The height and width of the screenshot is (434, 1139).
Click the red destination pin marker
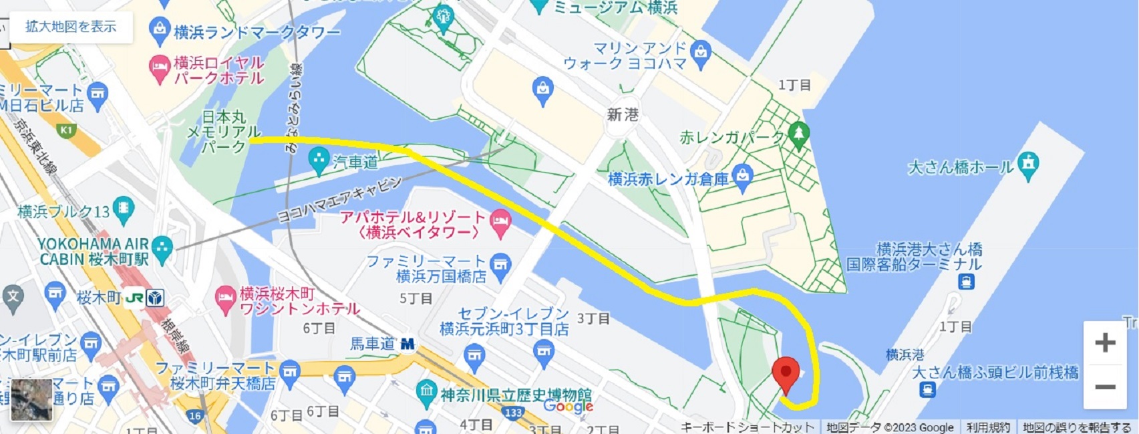(786, 372)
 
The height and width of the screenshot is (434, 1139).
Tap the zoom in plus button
(1105, 343)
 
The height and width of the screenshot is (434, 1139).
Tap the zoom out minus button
(1105, 387)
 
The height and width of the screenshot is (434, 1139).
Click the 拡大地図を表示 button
(71, 27)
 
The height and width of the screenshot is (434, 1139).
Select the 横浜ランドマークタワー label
(257, 31)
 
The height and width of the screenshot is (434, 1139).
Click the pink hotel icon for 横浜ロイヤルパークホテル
(159, 69)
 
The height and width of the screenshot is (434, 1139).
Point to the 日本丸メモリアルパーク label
(223, 132)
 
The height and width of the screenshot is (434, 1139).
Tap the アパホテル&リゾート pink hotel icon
(500, 225)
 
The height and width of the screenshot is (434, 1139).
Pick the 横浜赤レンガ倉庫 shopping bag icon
(743, 177)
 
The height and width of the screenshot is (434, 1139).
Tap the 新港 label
(623, 115)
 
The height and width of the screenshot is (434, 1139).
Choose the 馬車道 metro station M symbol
(407, 344)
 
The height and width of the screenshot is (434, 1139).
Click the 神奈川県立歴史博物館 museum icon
(426, 393)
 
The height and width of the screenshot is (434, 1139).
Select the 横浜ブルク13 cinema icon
(124, 211)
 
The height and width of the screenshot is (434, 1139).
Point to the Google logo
(568, 406)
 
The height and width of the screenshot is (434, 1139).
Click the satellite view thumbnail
(32, 399)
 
